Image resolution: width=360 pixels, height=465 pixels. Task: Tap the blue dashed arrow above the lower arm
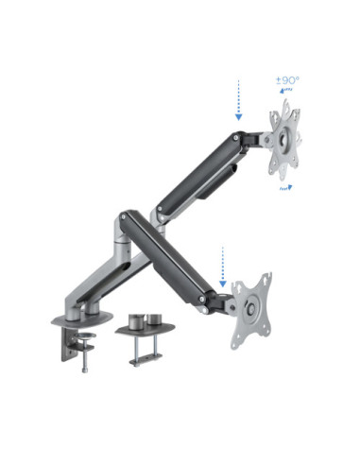point(223,264)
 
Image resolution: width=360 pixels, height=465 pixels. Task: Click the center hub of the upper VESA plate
point(283,141)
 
